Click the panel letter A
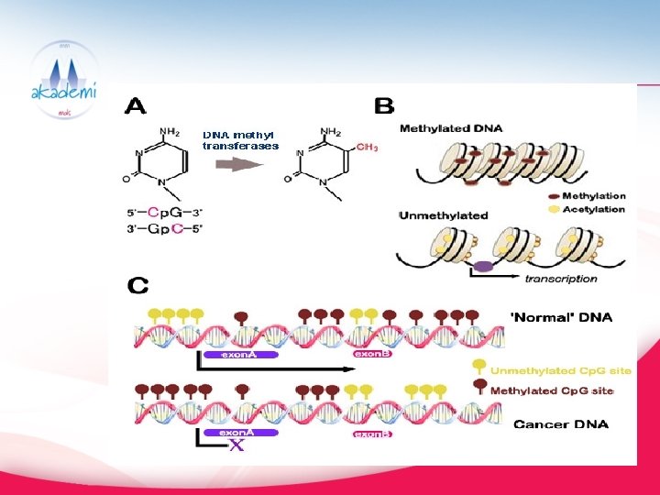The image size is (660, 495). [135, 106]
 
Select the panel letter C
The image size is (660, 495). [138, 286]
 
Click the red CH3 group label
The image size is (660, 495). [367, 147]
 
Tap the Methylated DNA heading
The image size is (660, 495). [451, 129]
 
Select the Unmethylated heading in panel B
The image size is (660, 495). [444, 215]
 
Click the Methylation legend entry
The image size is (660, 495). [593, 195]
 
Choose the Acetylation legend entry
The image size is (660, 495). [593, 209]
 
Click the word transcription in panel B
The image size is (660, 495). [560, 279]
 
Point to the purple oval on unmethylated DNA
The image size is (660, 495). [483, 267]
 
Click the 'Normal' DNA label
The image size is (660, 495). [561, 318]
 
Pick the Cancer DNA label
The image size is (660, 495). [561, 424]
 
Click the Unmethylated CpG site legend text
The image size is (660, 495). [561, 370]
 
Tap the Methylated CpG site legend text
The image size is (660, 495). [552, 390]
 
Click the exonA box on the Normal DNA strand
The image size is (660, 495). [236, 354]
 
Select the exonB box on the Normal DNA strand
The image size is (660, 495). [372, 353]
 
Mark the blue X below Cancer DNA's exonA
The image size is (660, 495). [236, 446]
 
